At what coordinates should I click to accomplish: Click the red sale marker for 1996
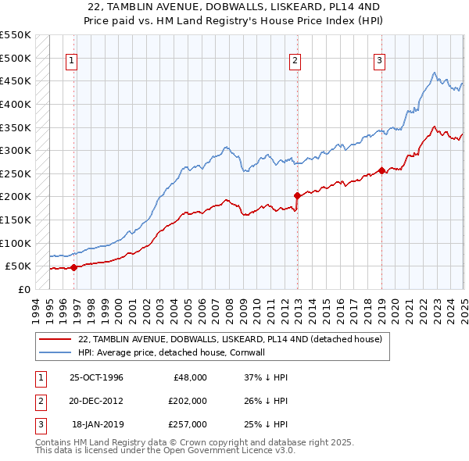point(74,267)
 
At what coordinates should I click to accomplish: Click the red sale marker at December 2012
point(297,195)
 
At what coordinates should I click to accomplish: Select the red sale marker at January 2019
point(381,170)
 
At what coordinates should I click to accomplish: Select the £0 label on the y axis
point(23,289)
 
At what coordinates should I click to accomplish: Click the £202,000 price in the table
point(188,401)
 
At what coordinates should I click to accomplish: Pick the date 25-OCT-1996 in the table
point(96,377)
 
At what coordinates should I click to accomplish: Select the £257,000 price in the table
point(188,424)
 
